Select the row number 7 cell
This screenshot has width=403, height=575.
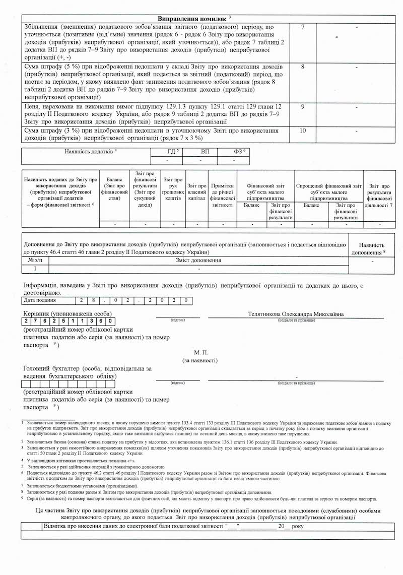[302, 26]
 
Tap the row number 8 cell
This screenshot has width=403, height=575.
[302, 66]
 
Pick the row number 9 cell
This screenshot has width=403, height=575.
[302, 107]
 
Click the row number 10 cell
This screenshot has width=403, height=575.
[302, 131]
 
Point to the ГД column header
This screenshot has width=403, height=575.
[173, 151]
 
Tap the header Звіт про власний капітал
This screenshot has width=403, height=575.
[196, 192]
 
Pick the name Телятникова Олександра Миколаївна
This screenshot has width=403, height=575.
[296, 314]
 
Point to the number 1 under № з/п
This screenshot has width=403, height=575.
[31, 270]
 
